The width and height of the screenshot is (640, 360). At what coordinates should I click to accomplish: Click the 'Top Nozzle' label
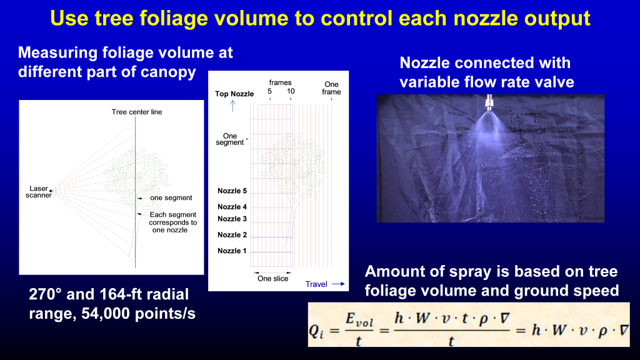point(234,94)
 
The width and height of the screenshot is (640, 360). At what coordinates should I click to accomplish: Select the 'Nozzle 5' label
point(232,191)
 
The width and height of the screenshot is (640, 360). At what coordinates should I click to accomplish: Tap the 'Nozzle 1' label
point(232,251)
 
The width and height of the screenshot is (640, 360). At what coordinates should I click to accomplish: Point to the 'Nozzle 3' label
point(232,219)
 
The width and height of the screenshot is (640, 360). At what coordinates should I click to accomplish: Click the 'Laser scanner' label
point(39,191)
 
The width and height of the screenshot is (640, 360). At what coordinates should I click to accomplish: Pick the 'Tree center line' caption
point(137,112)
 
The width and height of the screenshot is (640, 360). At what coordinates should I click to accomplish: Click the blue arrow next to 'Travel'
point(338,284)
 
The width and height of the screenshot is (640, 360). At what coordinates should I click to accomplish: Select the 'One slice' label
point(273,279)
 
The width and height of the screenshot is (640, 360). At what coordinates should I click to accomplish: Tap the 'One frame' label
point(331,88)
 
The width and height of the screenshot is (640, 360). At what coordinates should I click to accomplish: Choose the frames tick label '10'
point(291,91)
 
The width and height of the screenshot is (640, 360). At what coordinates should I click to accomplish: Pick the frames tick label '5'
point(269,91)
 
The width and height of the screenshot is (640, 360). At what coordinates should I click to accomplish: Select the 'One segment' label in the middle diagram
point(234,139)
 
